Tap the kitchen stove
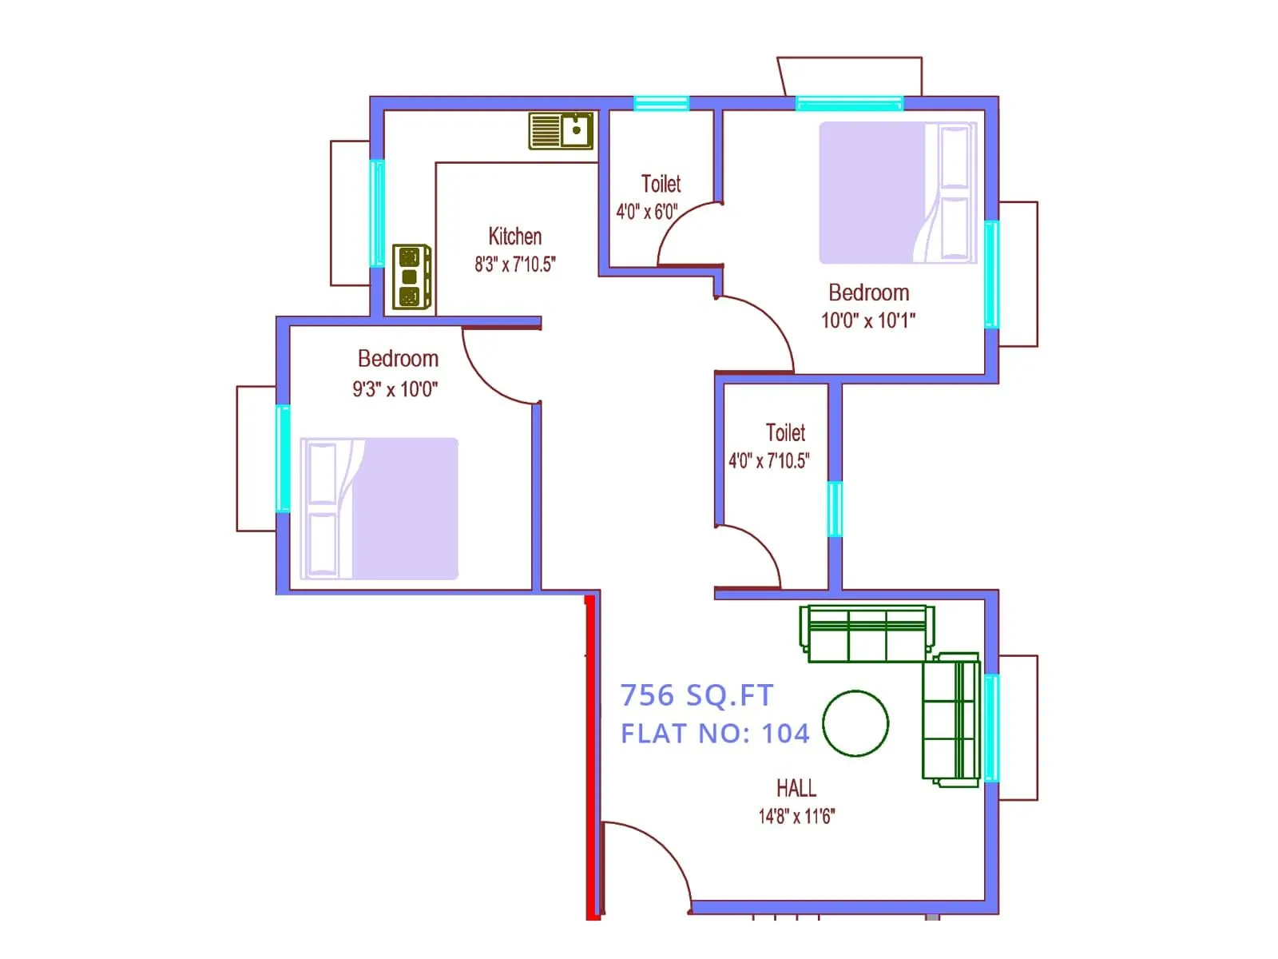click(411, 277)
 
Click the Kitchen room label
click(514, 237)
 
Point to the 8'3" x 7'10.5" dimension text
click(514, 265)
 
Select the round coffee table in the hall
click(855, 723)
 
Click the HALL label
click(796, 789)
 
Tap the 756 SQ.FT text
click(697, 695)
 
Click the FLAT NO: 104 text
click(715, 734)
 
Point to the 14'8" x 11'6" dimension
click(796, 817)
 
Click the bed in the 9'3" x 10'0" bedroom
click(379, 508)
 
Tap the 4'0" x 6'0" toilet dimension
click(646, 212)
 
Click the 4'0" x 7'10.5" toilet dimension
click(768, 461)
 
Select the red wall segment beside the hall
click(592, 755)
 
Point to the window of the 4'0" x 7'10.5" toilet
click(835, 508)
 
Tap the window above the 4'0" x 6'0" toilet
click(661, 103)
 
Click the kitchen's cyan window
click(377, 213)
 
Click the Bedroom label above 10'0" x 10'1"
click(868, 292)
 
